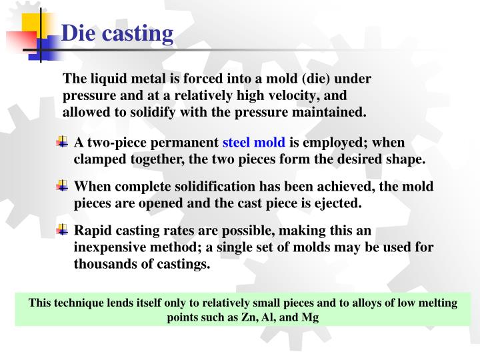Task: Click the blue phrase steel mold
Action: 253,143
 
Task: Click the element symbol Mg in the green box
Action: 310,317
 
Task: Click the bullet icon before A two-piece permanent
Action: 62,142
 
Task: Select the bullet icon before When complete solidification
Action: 62,186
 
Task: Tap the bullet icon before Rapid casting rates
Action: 62,230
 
